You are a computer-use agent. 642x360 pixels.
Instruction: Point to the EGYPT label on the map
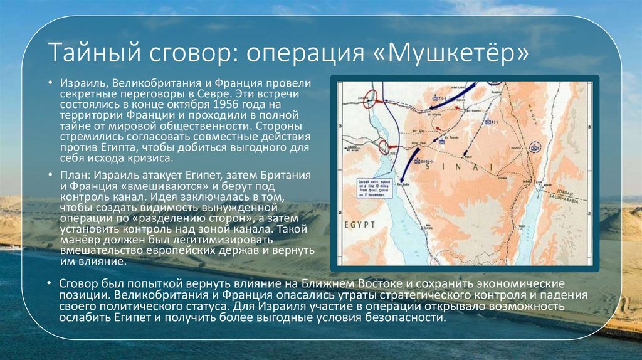pyautogui.click(x=358, y=224)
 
